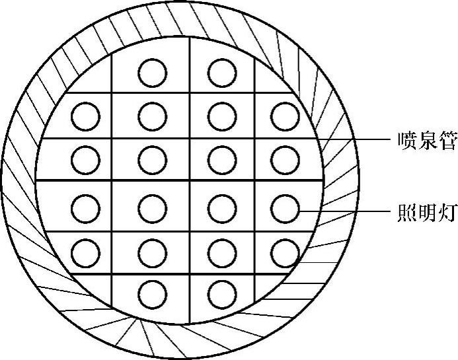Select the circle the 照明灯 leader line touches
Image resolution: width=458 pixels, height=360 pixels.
coord(285,209)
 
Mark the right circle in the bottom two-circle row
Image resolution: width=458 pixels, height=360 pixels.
coord(221,291)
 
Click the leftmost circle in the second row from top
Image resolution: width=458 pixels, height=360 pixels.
coord(86,116)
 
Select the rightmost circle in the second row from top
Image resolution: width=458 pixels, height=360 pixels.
coord(285,116)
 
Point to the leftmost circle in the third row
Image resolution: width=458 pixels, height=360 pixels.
coord(86,158)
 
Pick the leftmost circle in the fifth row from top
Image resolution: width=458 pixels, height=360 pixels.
coord(86,251)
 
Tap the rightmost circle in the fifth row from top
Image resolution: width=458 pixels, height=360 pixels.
coord(285,251)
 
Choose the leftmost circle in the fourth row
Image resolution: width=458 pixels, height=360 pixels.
coord(86,209)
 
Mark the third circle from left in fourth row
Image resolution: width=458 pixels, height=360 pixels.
coord(221,209)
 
